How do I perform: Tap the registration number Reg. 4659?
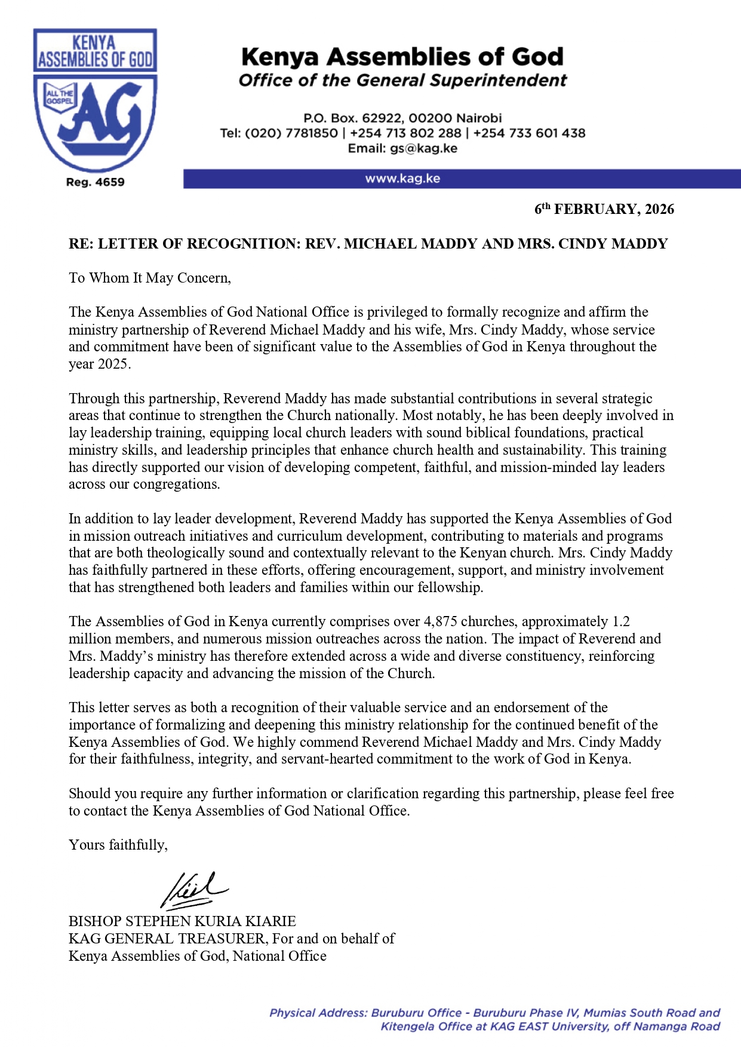95,182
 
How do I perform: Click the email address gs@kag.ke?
424,148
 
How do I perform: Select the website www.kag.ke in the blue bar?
402,179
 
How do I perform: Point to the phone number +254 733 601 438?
529,133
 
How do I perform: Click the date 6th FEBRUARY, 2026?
604,209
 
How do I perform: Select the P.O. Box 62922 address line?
402,118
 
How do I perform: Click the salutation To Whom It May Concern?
149,278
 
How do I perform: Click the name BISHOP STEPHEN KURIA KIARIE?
182,921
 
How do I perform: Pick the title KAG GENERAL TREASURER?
168,939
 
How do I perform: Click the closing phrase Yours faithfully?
118,845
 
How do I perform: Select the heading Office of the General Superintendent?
402,81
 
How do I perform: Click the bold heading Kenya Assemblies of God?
402,57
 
